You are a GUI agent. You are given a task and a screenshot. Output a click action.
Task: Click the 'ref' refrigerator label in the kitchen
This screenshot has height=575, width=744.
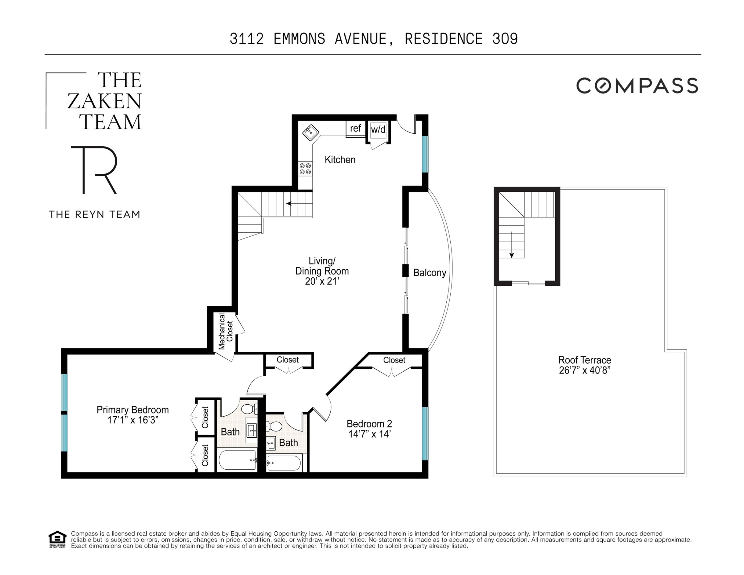point(355,128)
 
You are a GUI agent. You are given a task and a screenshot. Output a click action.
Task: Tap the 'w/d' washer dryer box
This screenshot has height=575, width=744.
point(378,129)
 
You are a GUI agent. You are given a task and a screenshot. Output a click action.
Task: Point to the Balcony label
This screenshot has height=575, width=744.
point(430,273)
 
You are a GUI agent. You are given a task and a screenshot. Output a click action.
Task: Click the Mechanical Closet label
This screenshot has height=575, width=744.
point(225,331)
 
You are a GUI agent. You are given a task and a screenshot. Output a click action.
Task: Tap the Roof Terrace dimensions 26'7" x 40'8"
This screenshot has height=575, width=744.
point(584,371)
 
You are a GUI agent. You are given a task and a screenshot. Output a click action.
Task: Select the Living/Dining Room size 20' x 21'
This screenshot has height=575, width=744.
point(322,281)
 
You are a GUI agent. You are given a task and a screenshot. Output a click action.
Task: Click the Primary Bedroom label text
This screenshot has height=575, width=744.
point(133,410)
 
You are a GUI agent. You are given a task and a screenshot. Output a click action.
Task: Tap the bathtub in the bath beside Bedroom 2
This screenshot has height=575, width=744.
point(284,463)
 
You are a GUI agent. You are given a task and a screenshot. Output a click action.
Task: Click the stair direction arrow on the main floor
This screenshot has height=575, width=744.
point(290,204)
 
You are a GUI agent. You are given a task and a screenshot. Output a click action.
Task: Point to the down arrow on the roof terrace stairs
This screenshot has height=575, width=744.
point(511,255)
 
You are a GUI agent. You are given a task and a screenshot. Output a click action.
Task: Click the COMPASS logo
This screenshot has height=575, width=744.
point(637,85)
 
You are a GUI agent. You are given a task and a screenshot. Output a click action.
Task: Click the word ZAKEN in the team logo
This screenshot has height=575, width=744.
point(104,101)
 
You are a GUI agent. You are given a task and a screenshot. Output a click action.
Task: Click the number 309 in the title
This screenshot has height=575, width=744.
point(505,39)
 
